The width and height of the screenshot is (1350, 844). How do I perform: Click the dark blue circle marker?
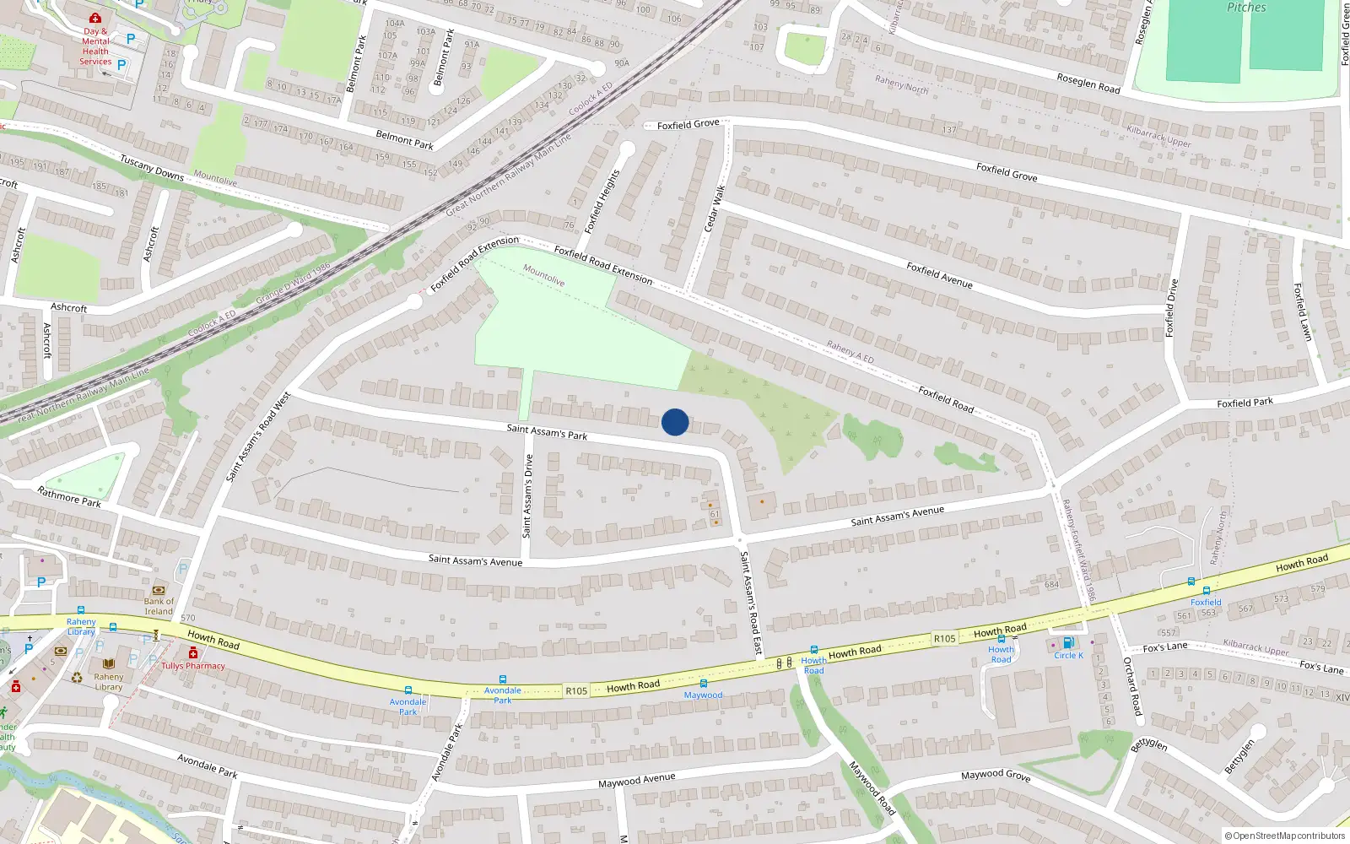click(675, 422)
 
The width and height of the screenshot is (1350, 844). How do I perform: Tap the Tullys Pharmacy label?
click(193, 666)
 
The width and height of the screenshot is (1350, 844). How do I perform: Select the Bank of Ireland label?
click(159, 606)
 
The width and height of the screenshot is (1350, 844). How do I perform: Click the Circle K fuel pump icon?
click(1067, 643)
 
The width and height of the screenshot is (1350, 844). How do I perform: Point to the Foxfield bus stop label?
click(1206, 602)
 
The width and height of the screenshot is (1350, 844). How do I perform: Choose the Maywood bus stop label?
click(703, 695)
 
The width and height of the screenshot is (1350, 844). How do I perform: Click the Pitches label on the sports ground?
click(1246, 8)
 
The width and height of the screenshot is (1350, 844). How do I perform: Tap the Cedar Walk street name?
click(715, 208)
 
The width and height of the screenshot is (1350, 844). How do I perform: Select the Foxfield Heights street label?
click(602, 201)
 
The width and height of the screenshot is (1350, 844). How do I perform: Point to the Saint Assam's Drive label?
click(528, 496)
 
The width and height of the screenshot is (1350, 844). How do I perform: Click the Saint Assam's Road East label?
click(751, 603)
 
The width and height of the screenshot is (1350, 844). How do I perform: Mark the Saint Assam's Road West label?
click(258, 437)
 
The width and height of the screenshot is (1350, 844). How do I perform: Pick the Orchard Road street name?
click(1131, 686)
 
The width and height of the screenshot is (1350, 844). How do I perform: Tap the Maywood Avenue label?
click(636, 781)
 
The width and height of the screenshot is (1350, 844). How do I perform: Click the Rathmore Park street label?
click(69, 496)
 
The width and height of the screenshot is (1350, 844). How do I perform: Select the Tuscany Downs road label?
click(152, 167)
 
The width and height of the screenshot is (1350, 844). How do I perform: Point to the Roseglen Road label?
click(1088, 83)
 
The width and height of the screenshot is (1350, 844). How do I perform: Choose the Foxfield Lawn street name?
click(1303, 311)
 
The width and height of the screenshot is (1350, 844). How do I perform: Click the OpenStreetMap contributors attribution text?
click(1285, 836)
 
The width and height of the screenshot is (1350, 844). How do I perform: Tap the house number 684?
click(1051, 584)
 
